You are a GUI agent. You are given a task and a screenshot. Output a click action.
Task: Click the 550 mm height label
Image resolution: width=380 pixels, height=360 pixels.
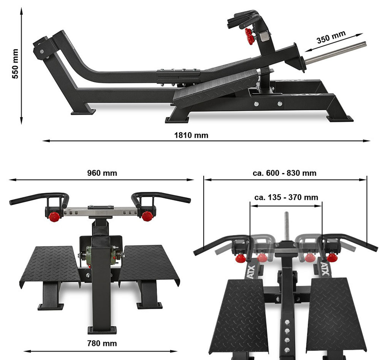[15, 64]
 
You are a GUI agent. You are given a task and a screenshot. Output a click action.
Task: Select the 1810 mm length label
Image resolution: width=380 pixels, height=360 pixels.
[191, 135]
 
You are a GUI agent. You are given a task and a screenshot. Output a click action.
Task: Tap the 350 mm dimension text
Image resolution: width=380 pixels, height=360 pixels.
[331, 37]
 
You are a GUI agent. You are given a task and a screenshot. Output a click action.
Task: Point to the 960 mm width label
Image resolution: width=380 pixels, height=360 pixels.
[102, 173]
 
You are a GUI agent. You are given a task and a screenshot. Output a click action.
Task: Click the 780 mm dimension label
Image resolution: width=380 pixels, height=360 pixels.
[102, 343]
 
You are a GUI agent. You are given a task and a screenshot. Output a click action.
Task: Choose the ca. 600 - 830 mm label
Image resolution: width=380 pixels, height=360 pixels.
[285, 173]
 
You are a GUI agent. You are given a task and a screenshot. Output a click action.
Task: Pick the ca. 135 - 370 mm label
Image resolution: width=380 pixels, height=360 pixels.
[286, 197]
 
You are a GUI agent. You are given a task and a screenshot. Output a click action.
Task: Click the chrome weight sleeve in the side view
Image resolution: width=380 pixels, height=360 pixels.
[336, 52]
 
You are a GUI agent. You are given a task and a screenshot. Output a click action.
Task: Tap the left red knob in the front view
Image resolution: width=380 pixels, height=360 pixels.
[54, 216]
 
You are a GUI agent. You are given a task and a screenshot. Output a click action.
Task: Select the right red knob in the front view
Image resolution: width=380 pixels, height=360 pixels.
[147, 216]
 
